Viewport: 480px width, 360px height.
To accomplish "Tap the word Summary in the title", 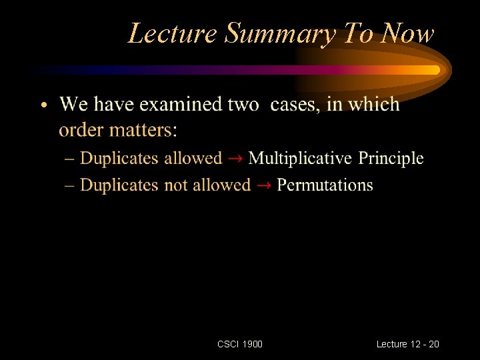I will [279, 33].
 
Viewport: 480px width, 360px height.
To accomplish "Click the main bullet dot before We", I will [43, 105].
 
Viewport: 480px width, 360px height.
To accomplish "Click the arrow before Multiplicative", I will [235, 159].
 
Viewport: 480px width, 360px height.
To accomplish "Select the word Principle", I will [391, 159].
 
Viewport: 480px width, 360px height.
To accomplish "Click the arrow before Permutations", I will [263, 185].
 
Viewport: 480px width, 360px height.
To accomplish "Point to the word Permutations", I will [325, 185].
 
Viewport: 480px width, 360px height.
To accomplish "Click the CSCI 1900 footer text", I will [240, 344].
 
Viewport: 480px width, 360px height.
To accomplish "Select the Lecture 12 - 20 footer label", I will [407, 344].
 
